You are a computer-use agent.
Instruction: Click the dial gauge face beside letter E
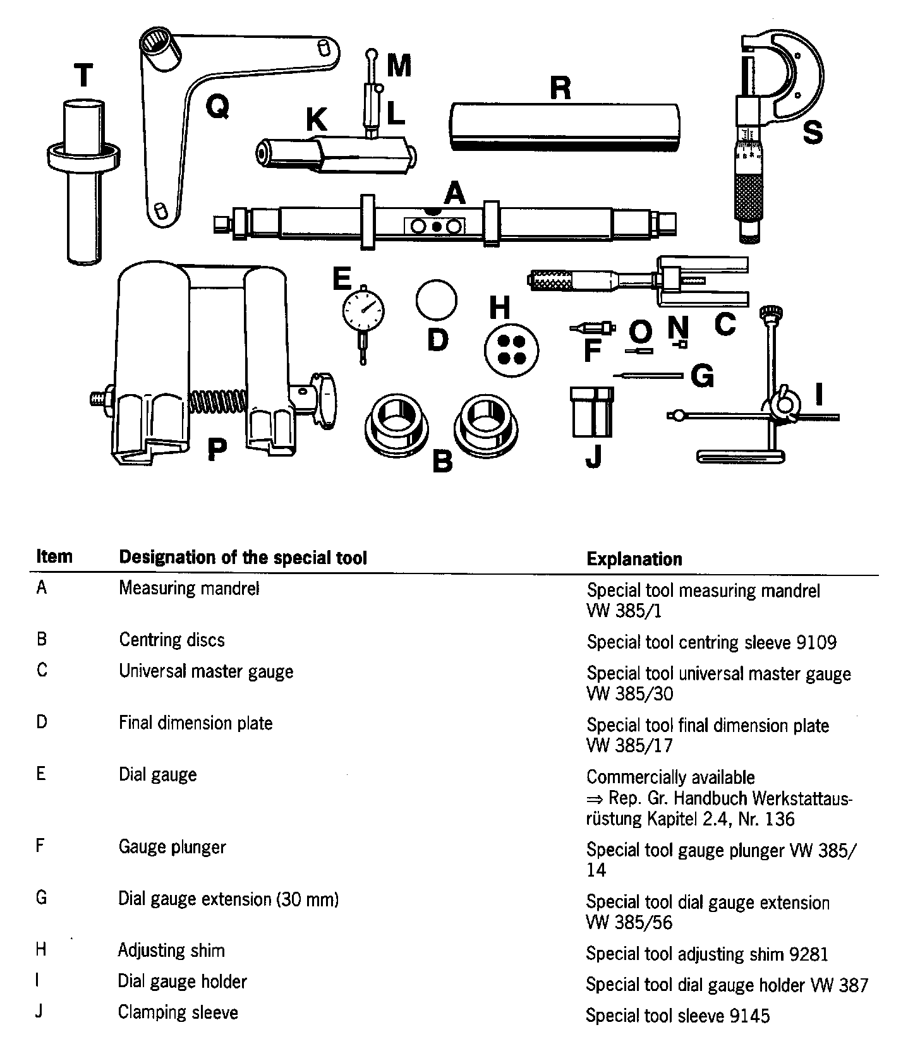[x=363, y=309]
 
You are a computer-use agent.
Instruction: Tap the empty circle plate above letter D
[x=436, y=300]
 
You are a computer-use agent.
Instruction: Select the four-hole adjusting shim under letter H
[x=512, y=349]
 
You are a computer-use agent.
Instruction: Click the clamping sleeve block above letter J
[x=592, y=412]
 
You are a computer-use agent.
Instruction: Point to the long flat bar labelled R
[x=566, y=126]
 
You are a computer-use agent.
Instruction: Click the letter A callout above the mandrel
[x=454, y=193]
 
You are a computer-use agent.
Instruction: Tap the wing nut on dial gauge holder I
[x=784, y=402]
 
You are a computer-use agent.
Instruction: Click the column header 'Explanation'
[x=634, y=559]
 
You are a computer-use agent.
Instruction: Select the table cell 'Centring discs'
[x=172, y=640]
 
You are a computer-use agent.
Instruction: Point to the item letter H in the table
[x=41, y=949]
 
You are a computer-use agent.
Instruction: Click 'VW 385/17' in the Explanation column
[x=629, y=745]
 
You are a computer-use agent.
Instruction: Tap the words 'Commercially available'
[x=670, y=777]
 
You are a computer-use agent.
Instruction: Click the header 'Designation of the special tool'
[x=243, y=558]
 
